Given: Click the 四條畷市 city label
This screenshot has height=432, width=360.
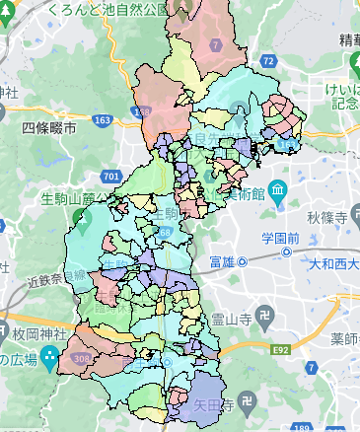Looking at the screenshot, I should (50, 129).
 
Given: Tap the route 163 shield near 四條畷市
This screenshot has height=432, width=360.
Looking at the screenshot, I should (102, 119).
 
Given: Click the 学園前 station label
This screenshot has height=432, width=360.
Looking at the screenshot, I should (279, 238).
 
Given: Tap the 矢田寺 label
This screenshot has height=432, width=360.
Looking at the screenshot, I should (211, 404).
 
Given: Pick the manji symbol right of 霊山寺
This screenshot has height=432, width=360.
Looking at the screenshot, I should (265, 320).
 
